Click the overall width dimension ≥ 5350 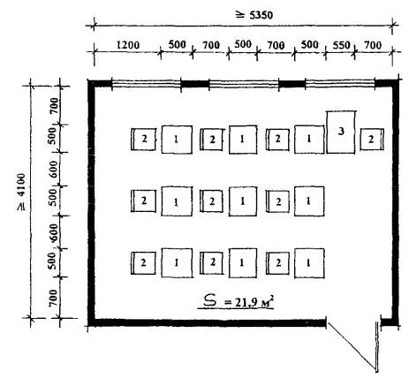tap(254, 15)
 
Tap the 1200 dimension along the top tap(127, 45)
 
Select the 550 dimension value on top tap(341, 45)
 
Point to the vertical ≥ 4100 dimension tap(21, 193)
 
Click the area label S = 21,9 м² tap(236, 301)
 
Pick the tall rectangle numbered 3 tap(341, 132)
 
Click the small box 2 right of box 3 tap(372, 140)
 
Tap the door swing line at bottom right tap(352, 346)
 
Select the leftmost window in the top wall tap(147, 84)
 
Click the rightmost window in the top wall tap(340, 84)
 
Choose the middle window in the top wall tap(244, 84)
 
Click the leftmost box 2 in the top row tap(143, 140)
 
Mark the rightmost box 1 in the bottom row tap(309, 263)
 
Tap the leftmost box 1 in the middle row tap(177, 201)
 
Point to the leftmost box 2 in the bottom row tap(143, 263)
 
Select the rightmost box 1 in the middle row tap(309, 201)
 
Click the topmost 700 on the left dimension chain tap(54, 106)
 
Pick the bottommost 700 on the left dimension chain tap(53, 298)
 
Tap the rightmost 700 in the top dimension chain tap(373, 45)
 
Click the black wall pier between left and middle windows tap(195, 84)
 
